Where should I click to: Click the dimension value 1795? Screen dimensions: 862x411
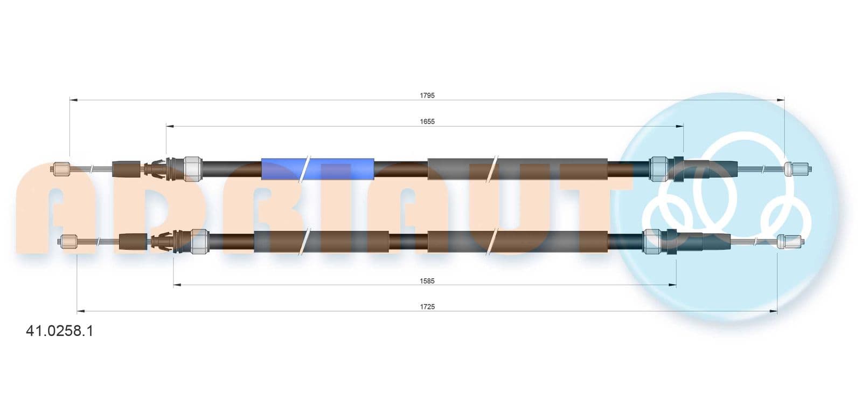point(427,95)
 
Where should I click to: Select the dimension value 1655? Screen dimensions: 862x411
point(427,121)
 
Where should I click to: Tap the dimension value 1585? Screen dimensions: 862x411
point(427,281)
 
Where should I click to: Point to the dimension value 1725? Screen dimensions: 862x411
point(427,306)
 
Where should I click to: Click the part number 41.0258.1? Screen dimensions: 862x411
point(59,331)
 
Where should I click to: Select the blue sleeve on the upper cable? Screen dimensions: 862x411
point(317,169)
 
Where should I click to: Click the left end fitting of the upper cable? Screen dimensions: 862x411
point(60,169)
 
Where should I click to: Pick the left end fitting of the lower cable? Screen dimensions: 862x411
point(68,241)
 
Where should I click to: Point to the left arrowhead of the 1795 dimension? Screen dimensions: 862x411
point(73,100)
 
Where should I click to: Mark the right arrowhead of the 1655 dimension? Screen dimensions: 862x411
point(679,126)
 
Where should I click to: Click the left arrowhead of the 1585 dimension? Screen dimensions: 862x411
point(177,285)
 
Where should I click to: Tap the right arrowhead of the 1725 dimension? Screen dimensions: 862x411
point(773,311)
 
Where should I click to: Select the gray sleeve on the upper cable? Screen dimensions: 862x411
point(518,169)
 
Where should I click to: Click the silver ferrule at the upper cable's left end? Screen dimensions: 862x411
point(192,169)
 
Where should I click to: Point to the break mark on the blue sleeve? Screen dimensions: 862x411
point(304,169)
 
